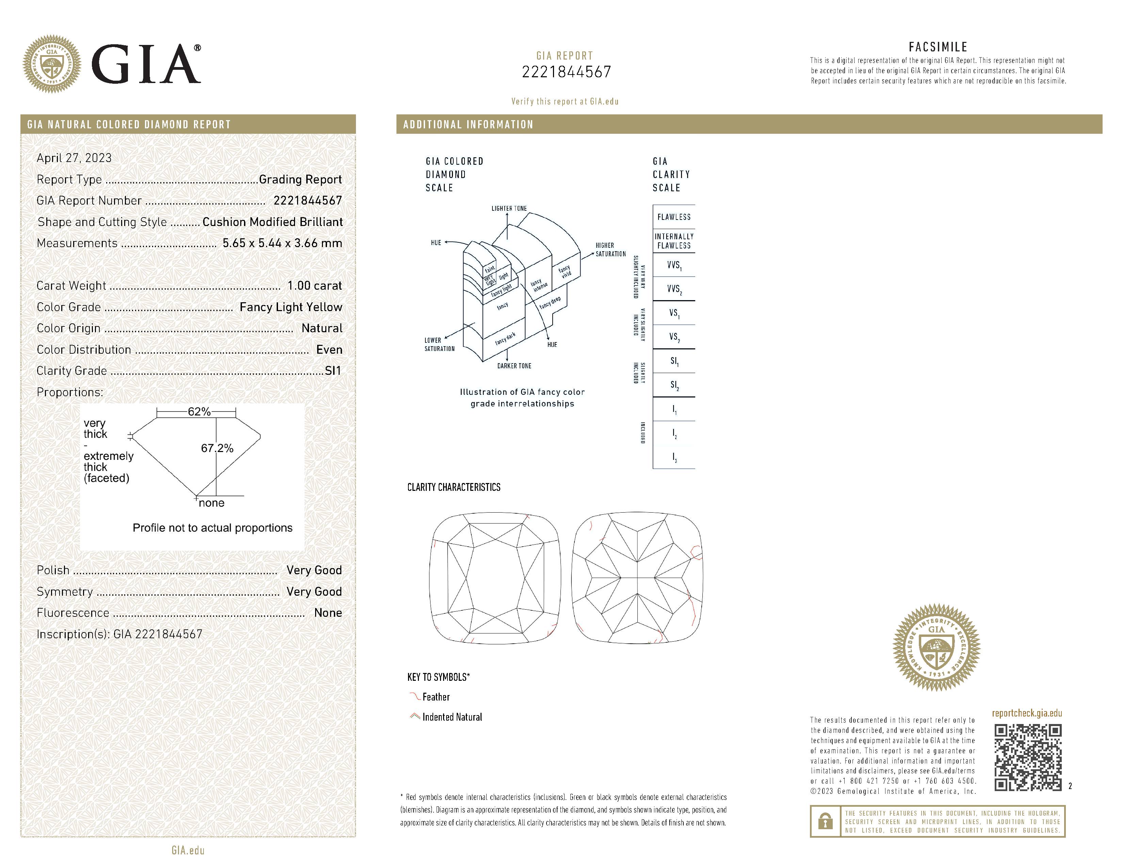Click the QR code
tap(1027, 757)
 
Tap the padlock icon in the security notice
tap(825, 821)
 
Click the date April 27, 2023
tap(74, 158)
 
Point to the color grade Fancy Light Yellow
tap(291, 307)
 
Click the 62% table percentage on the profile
tap(199, 412)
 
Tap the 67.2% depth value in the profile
tap(217, 448)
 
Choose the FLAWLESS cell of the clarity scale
tap(673, 217)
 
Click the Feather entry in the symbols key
tap(436, 697)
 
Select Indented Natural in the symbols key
tap(452, 717)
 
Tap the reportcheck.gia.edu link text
tap(1027, 713)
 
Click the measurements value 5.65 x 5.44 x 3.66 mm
tap(282, 243)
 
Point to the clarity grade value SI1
tap(333, 371)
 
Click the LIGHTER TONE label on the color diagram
tap(509, 208)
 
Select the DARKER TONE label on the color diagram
tap(514, 366)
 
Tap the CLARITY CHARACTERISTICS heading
tap(454, 487)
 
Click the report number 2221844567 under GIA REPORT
tap(566, 72)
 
